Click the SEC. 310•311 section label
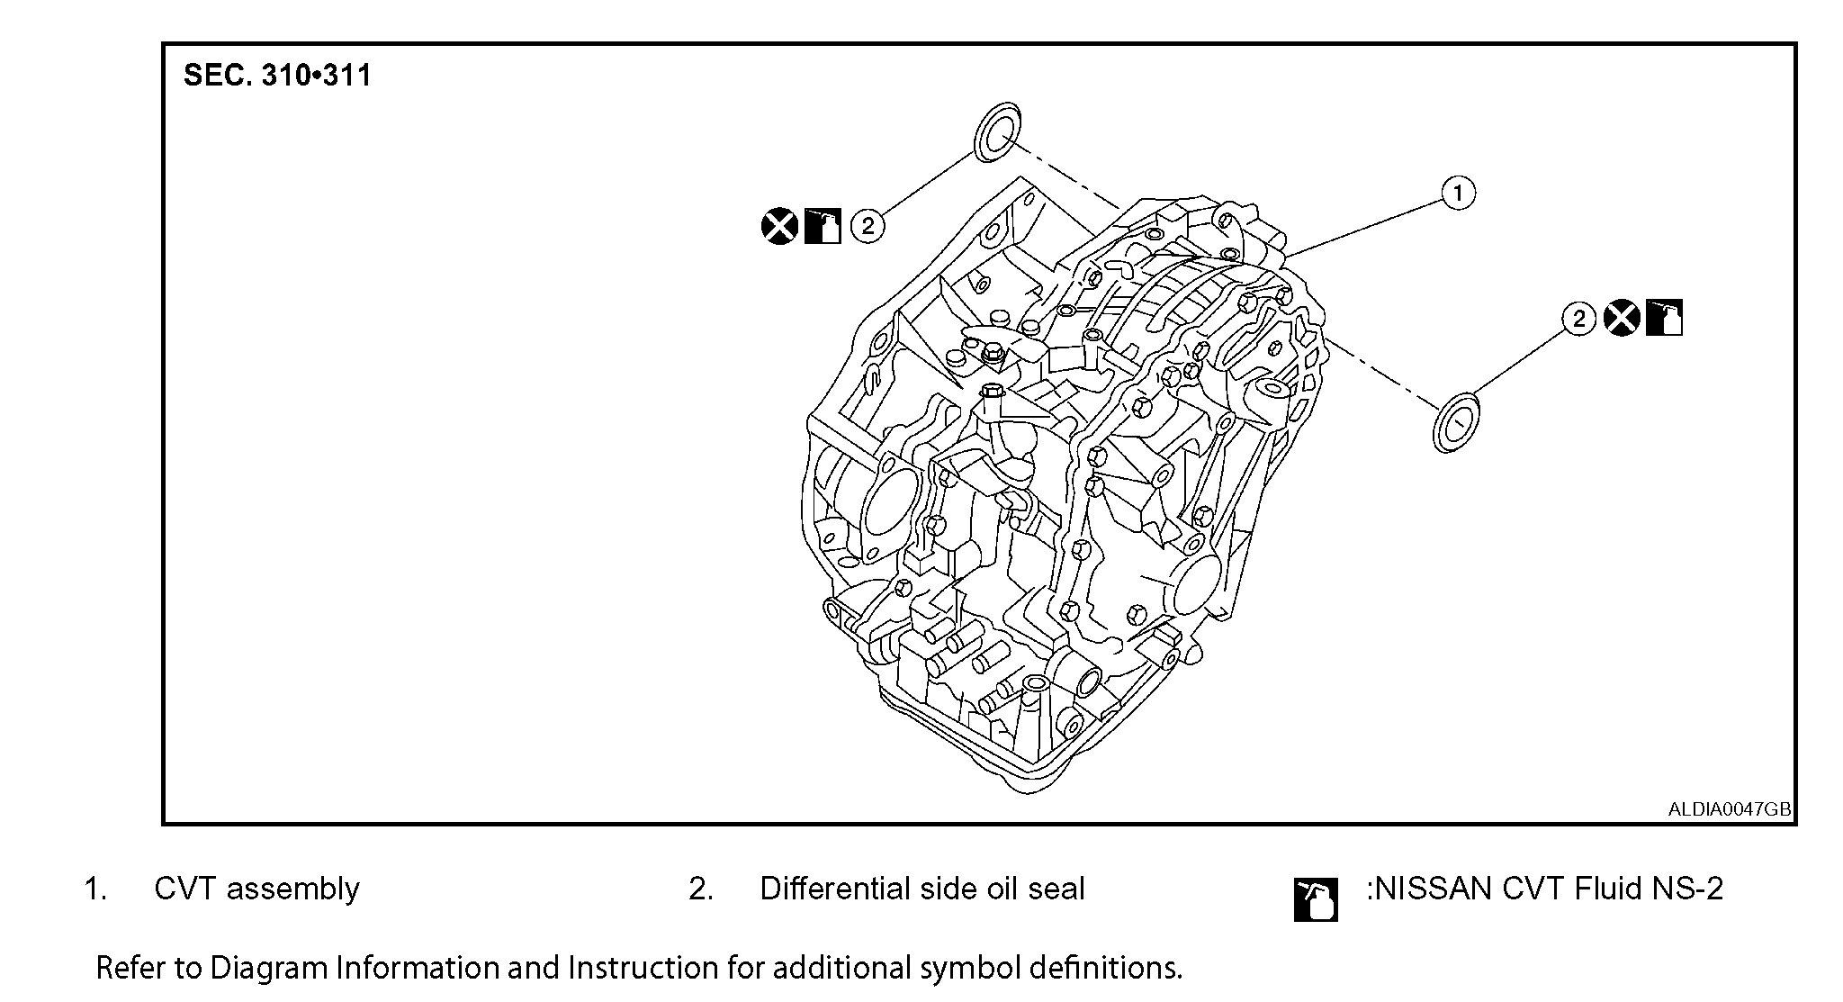[x=277, y=75]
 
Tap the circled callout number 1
[x=1458, y=193]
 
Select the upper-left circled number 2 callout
[x=868, y=225]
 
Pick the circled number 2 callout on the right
[x=1578, y=319]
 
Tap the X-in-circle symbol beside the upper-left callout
[x=779, y=225]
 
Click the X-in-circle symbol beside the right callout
[x=1622, y=319]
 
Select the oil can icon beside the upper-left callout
[x=823, y=225]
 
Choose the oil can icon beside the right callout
[x=1664, y=319]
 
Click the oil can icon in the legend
[x=1316, y=899]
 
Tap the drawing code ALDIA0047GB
[x=1729, y=808]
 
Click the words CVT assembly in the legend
[x=256, y=889]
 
